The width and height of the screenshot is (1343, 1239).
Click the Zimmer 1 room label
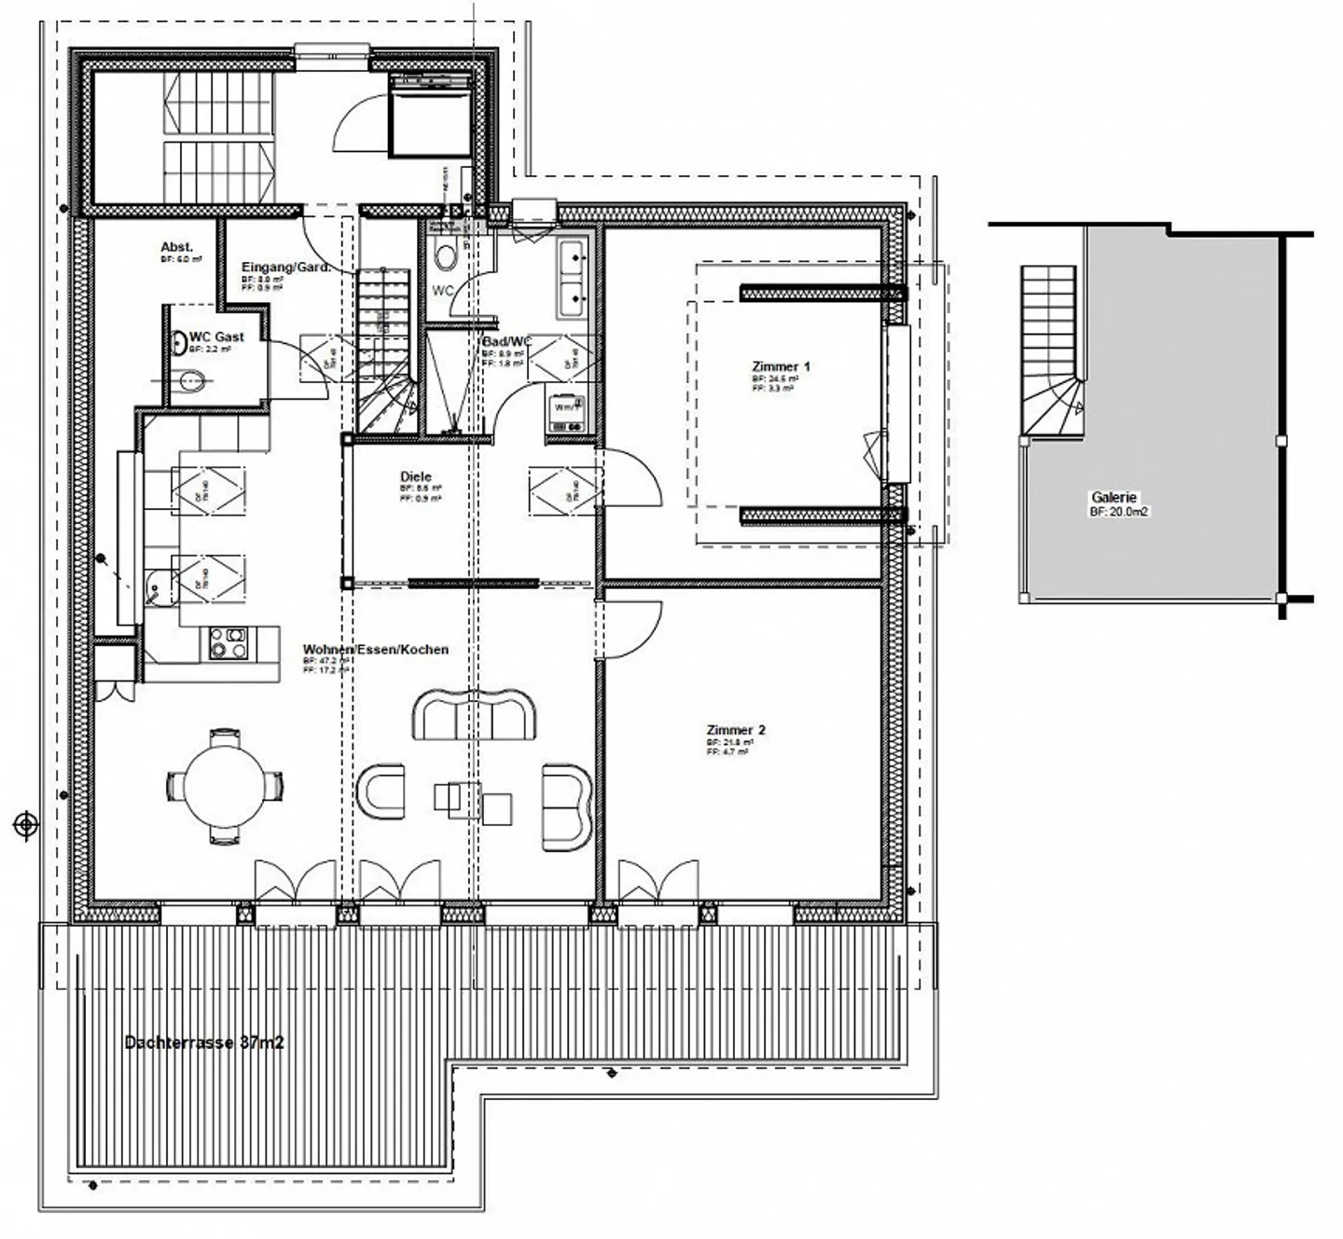781,366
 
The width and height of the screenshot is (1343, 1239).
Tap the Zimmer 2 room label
736,730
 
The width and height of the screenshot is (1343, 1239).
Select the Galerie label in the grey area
1114,498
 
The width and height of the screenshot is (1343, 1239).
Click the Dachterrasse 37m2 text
204,1042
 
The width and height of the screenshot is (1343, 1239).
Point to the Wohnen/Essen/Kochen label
375,649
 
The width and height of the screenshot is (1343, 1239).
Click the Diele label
416,476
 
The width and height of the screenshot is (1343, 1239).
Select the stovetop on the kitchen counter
228,642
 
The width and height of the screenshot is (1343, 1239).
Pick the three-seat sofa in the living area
475,716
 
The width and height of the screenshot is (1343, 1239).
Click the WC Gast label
216,337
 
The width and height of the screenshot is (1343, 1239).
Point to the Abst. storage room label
176,247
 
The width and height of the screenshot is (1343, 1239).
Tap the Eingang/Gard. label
285,268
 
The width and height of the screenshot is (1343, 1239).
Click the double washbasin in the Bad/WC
572,277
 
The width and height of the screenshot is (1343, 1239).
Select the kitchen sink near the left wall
159,585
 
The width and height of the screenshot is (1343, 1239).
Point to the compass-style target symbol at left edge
26,824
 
